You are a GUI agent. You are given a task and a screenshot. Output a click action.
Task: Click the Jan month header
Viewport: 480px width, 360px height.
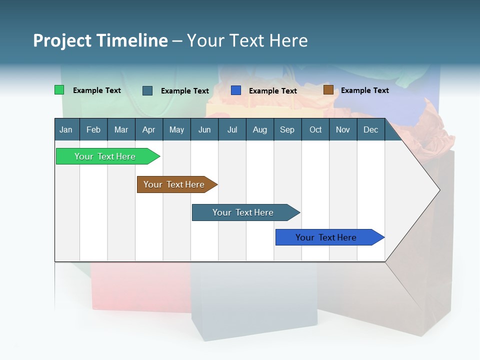tap(66, 129)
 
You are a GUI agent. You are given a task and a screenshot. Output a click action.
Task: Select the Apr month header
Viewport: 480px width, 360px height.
tap(149, 129)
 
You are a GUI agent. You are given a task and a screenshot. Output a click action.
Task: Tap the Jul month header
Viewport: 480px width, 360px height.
tap(232, 129)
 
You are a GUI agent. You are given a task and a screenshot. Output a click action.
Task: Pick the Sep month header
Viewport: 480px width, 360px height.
tap(287, 129)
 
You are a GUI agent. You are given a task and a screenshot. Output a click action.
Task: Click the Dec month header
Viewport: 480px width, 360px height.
tap(371, 129)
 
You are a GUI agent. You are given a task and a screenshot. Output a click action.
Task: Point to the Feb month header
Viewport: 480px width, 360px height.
tap(93, 129)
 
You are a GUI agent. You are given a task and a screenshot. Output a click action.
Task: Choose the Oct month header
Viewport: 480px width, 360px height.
tap(315, 129)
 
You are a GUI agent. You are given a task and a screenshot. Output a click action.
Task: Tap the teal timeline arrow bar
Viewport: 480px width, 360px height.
tap(243, 212)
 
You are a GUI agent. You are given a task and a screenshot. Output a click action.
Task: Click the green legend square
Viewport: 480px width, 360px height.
tap(59, 90)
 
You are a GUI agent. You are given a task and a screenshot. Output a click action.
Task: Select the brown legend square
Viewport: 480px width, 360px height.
tap(328, 90)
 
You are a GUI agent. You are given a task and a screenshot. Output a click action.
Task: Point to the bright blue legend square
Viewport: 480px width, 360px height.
tap(236, 90)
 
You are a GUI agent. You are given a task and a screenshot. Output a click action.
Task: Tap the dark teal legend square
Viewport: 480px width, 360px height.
tap(147, 90)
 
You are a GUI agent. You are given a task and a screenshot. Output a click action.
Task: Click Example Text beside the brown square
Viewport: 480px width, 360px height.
tap(364, 90)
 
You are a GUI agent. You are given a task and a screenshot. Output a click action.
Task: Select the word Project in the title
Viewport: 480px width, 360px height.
tap(62, 40)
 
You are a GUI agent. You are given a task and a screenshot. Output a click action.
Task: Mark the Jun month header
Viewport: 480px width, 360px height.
tap(204, 129)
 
